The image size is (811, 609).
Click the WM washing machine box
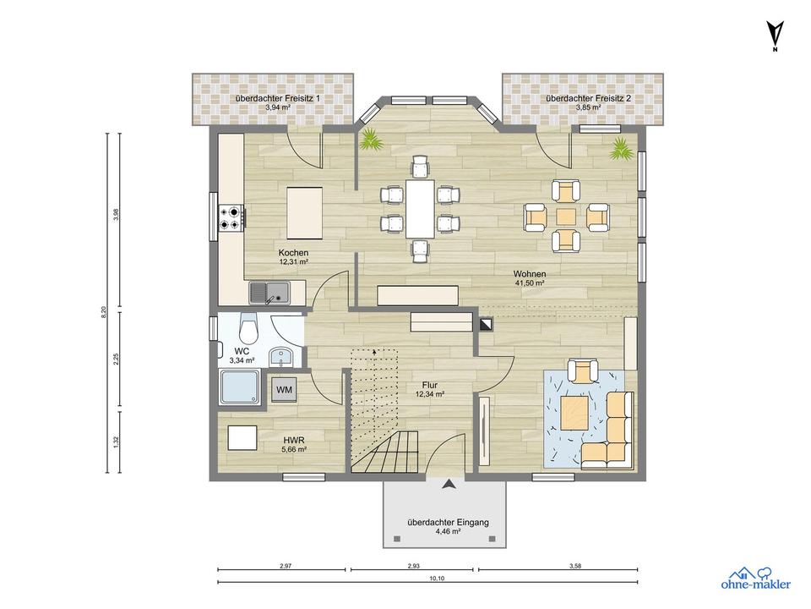(x=284, y=389)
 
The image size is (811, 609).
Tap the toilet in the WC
(x=248, y=328)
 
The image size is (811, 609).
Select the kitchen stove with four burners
(x=231, y=217)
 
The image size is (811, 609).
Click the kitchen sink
(x=269, y=293)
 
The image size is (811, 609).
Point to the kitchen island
(x=305, y=213)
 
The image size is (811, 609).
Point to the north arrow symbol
(x=775, y=36)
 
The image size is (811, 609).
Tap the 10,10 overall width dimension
(x=437, y=579)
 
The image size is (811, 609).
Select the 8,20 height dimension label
(x=103, y=312)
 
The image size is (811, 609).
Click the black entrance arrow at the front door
(x=449, y=484)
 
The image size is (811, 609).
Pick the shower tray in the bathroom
(x=240, y=387)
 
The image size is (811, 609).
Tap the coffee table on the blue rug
(x=574, y=412)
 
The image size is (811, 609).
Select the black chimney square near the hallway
(x=487, y=324)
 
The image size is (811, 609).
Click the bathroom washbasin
(x=280, y=357)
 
